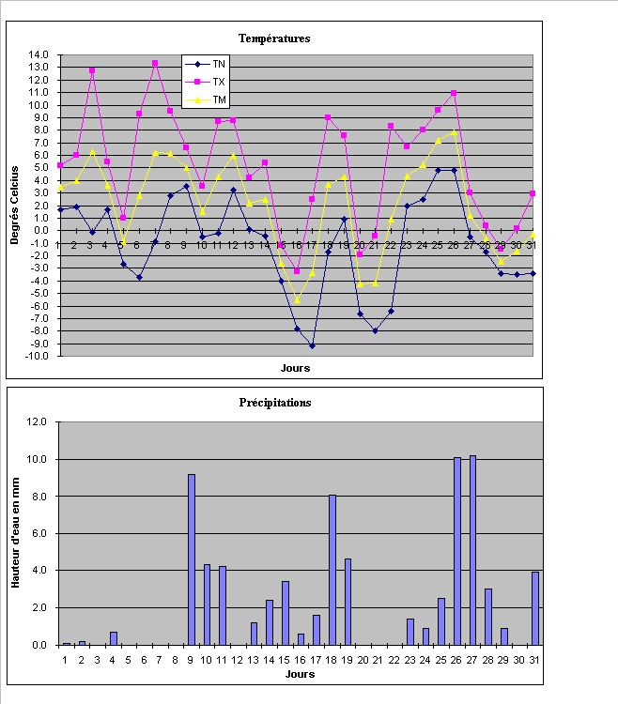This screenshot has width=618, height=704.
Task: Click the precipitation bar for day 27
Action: (x=472, y=550)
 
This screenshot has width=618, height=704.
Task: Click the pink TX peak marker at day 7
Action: (x=155, y=64)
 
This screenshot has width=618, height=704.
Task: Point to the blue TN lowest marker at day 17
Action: (x=312, y=346)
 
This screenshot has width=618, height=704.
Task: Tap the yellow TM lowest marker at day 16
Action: (x=297, y=300)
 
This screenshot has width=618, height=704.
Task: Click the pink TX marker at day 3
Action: (x=92, y=70)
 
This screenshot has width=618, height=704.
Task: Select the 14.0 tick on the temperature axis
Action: (x=39, y=54)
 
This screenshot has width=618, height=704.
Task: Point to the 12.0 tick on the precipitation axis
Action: (x=39, y=422)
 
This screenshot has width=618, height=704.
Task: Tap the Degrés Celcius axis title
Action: (x=15, y=205)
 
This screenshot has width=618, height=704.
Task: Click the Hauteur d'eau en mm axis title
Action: (x=15, y=533)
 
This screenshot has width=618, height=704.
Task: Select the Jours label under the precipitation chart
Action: (x=300, y=674)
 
